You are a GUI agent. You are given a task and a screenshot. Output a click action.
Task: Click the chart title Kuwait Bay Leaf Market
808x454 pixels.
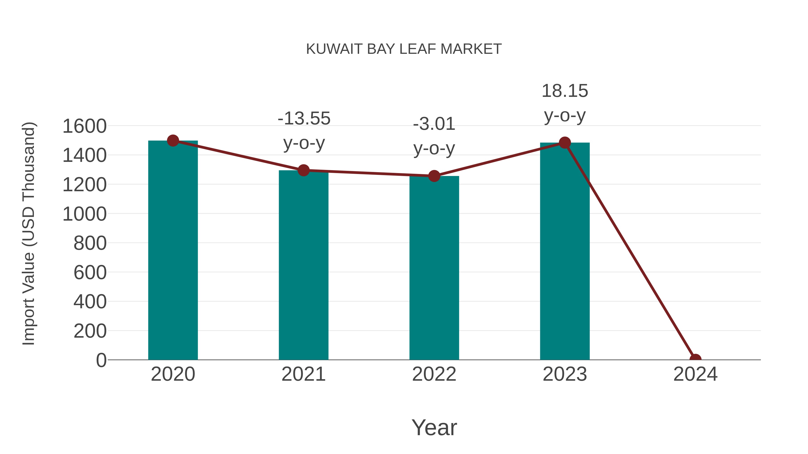[404, 49]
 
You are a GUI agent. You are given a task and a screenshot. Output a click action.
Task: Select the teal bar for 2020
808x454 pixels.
[173, 251]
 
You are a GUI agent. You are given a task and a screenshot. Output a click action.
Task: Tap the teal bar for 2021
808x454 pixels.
[303, 266]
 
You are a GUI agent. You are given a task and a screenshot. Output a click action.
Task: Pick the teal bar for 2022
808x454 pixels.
[434, 269]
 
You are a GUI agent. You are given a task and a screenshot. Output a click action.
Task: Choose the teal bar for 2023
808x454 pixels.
[565, 251]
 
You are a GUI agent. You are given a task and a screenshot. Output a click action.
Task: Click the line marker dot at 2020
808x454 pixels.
[173, 141]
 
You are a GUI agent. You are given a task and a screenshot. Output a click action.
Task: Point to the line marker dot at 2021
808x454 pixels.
[303, 170]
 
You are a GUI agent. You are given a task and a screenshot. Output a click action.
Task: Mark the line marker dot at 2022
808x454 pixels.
[434, 176]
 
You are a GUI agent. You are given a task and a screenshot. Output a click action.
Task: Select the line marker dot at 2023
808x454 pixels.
[565, 143]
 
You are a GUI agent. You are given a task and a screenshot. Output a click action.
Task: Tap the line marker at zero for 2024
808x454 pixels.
[695, 359]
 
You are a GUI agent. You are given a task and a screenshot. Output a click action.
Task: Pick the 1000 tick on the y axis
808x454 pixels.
[84, 214]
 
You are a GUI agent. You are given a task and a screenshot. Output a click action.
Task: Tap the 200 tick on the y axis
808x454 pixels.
[90, 331]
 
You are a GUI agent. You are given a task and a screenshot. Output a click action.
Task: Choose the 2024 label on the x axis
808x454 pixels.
[695, 374]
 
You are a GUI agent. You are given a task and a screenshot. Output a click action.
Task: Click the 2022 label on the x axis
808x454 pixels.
[434, 374]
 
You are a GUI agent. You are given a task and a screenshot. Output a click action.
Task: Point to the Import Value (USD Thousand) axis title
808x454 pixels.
[29, 233]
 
